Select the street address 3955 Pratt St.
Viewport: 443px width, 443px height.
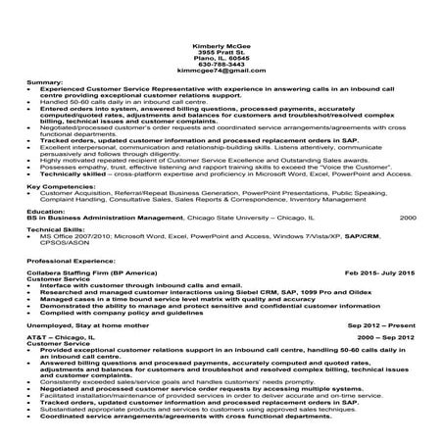[x=221, y=54]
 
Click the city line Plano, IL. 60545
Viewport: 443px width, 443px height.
[x=221, y=60]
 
